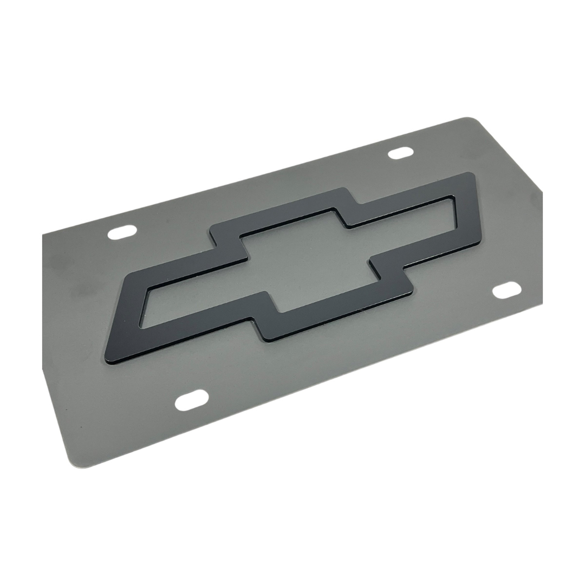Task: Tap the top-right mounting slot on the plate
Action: click(401, 153)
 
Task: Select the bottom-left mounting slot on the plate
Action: click(191, 400)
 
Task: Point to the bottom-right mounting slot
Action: click(506, 290)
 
